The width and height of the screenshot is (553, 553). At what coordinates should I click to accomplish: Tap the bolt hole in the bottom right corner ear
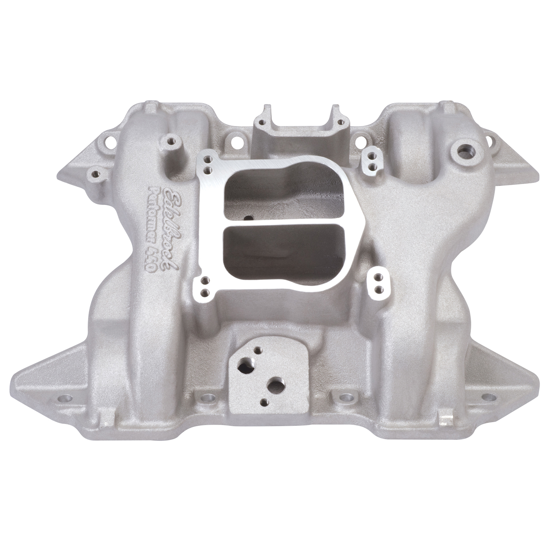tap(488, 397)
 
